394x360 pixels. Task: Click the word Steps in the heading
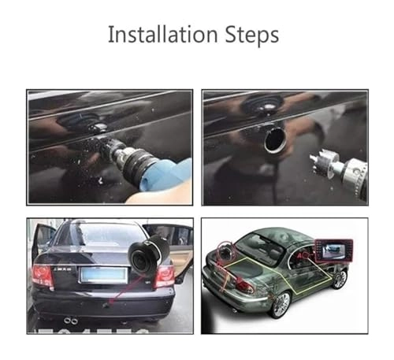tap(251, 36)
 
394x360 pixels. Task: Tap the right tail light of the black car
tap(165, 275)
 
